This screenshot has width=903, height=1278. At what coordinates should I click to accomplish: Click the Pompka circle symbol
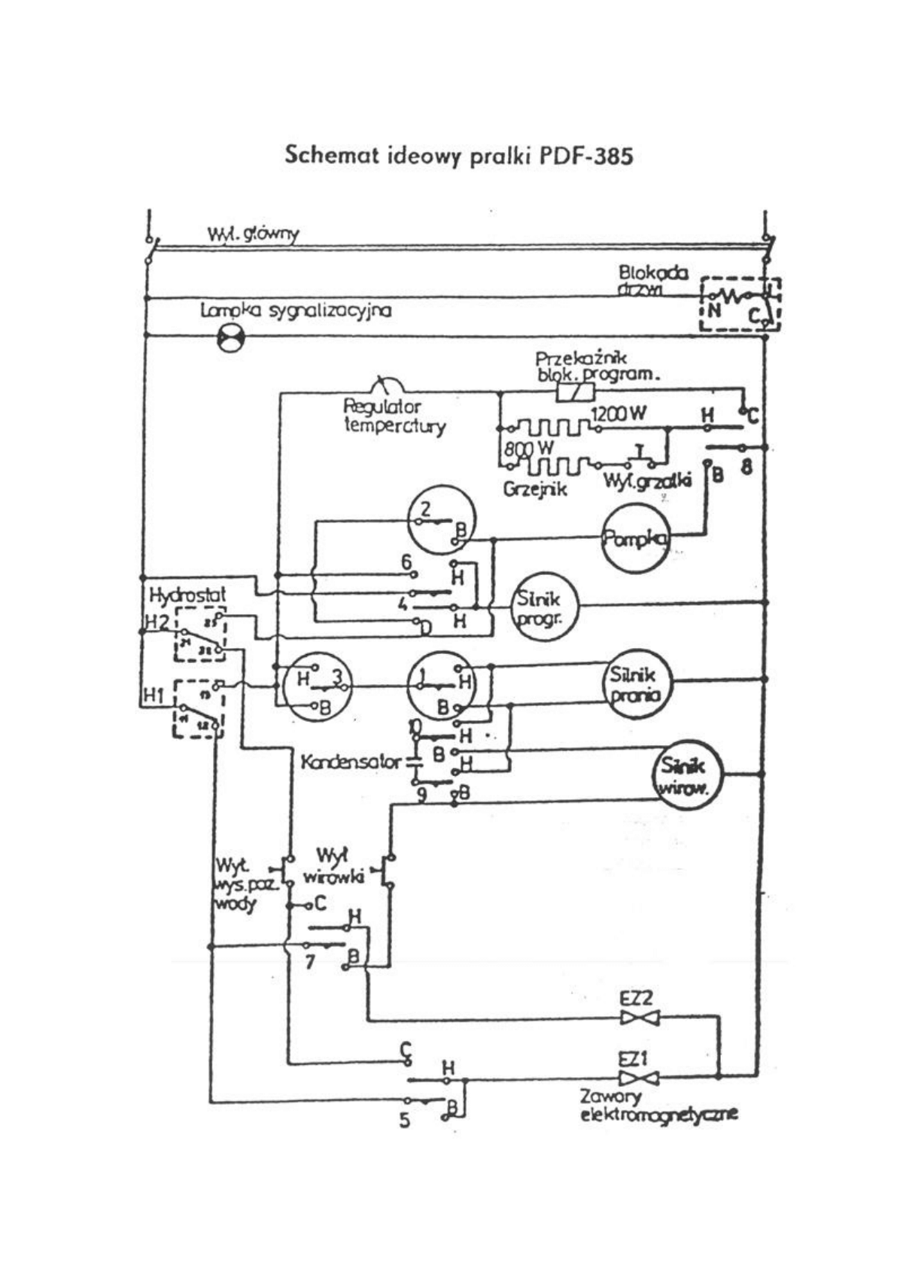tap(636, 538)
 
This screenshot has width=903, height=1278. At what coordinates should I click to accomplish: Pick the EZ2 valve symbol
tap(639, 1018)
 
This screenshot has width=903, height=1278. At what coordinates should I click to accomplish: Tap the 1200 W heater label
tap(619, 414)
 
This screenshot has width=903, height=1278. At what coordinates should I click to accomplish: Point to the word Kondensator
tap(351, 762)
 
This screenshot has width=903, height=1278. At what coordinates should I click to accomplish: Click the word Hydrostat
tap(187, 595)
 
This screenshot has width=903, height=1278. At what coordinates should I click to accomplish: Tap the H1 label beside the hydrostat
tap(154, 697)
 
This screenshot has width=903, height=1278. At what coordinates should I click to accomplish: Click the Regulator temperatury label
tap(394, 416)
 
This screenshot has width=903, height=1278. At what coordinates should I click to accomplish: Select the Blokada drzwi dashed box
tap(740, 303)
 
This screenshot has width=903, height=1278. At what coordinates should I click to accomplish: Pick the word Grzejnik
tap(535, 488)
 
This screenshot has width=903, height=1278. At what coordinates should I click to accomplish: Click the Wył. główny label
tap(253, 234)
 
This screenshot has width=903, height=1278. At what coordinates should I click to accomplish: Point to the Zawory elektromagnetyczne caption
tap(658, 1106)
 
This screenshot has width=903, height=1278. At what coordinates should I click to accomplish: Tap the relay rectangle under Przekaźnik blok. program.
tap(575, 391)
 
